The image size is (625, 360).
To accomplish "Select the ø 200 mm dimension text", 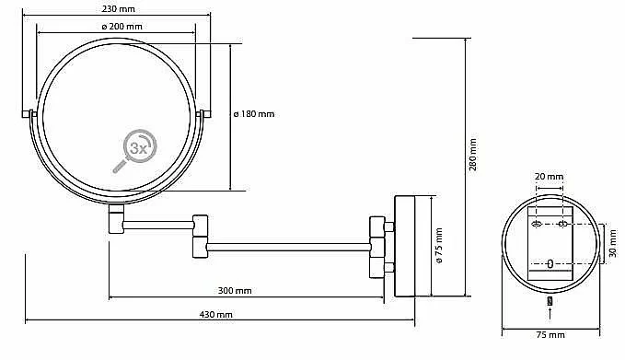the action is click(x=122, y=27).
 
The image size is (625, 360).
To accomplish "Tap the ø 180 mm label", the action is click(x=254, y=114).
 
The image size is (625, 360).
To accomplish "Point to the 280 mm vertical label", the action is click(x=473, y=155).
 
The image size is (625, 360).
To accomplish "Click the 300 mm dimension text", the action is click(x=235, y=291).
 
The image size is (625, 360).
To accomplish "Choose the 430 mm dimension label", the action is click(x=216, y=315).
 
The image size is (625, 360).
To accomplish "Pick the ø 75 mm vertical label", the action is click(x=439, y=246).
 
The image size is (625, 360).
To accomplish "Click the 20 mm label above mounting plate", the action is click(x=550, y=176).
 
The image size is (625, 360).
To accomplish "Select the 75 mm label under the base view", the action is click(x=550, y=335).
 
